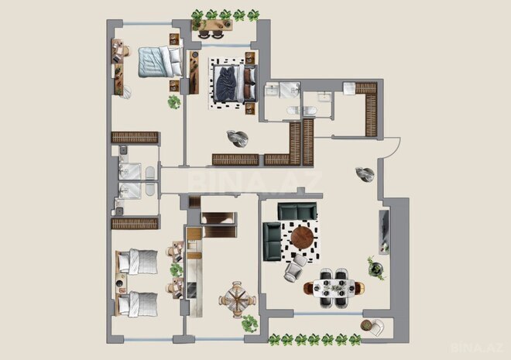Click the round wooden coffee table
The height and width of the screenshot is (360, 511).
(x=303, y=238)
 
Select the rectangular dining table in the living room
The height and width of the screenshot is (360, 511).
(x=334, y=286)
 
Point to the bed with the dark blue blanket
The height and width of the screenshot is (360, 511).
(x=229, y=82)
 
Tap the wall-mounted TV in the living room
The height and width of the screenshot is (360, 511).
(x=382, y=230)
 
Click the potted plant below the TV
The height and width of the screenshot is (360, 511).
(x=376, y=269)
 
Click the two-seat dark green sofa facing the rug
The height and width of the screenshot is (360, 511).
(x=297, y=211)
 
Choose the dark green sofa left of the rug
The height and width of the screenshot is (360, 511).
(x=273, y=240)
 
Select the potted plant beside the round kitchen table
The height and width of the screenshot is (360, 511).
(x=249, y=322)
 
